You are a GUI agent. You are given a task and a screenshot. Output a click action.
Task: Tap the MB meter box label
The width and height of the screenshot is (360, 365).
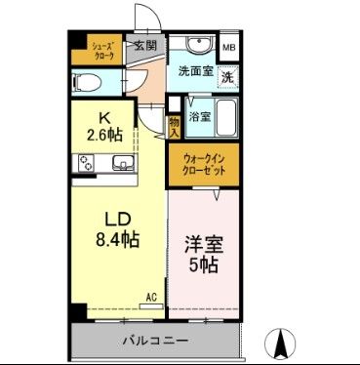point(227,47)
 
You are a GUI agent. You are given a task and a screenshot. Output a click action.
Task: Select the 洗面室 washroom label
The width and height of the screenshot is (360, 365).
point(194,70)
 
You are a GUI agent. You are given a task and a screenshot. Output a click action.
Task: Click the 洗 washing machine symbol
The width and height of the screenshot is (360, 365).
point(225,77)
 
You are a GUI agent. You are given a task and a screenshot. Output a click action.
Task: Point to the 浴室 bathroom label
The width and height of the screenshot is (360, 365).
point(199,116)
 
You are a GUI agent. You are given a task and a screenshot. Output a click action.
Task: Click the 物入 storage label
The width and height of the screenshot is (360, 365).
point(174,123)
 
